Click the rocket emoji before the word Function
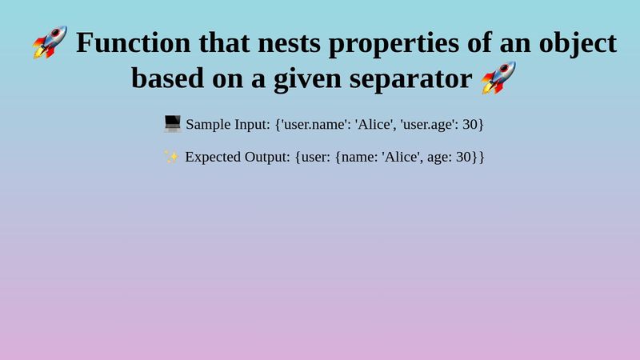tap(50, 42)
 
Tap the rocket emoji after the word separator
tap(498, 78)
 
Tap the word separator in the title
tap(417, 78)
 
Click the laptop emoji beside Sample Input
tap(172, 124)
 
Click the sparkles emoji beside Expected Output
tap(171, 156)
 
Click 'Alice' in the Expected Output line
tap(401, 157)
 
